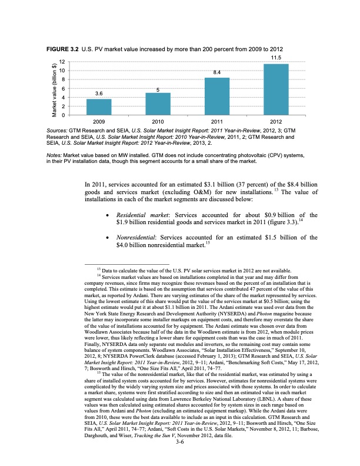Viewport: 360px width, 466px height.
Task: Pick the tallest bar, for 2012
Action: point(276,89)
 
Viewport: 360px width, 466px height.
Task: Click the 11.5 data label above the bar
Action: point(276,57)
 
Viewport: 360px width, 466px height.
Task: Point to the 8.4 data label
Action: point(217,72)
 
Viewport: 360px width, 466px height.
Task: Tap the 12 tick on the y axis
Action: point(61,62)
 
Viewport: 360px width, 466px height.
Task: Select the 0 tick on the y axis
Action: point(62,115)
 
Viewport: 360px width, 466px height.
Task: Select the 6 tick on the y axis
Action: point(62,88)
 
